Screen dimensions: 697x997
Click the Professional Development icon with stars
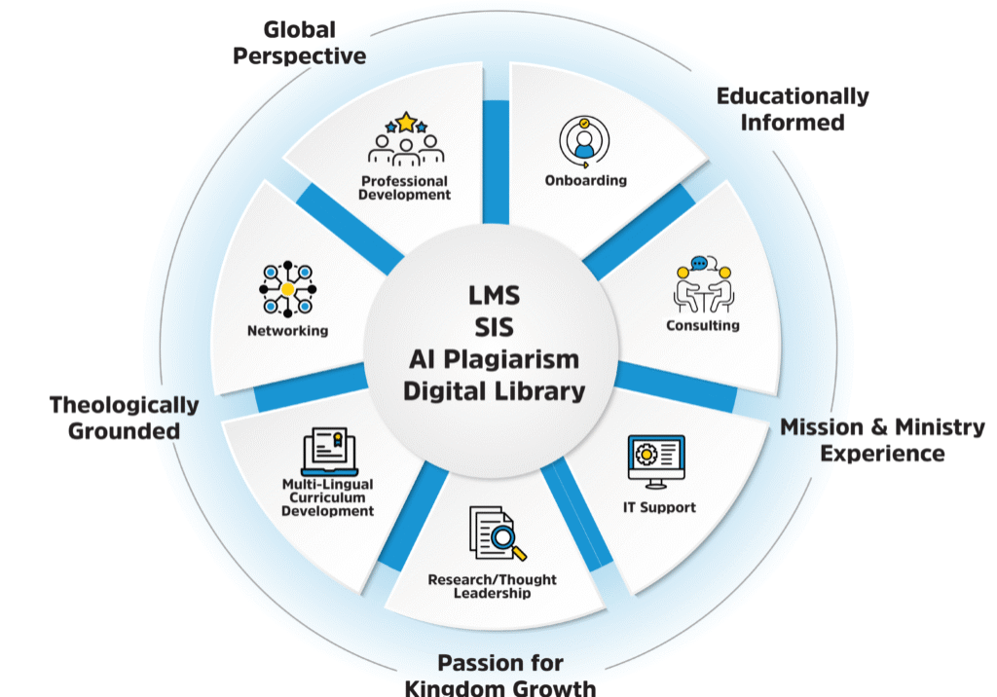(x=405, y=140)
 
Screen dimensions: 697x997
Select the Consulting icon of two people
(x=703, y=283)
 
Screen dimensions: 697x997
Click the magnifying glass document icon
(x=493, y=534)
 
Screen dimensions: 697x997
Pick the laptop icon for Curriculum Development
(x=327, y=451)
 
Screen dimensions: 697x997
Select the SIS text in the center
(x=493, y=326)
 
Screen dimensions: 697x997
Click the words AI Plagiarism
(x=493, y=358)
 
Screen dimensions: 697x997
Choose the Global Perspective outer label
(x=300, y=42)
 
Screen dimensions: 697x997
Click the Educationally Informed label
(x=792, y=109)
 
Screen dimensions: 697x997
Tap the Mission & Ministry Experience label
(x=882, y=440)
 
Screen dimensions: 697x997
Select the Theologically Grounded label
(x=125, y=417)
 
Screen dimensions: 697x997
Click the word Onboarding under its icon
(x=585, y=180)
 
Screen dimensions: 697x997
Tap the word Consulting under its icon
(x=703, y=325)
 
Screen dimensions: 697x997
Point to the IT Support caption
(x=659, y=507)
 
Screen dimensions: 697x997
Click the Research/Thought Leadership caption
(x=493, y=586)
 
